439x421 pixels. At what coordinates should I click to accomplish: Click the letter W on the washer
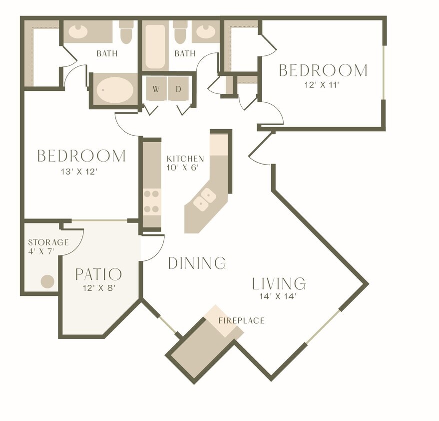[x=156, y=89]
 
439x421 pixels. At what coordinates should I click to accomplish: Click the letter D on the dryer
[x=178, y=89]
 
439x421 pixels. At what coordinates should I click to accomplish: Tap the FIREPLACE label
[x=241, y=320]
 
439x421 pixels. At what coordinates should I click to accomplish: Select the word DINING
[x=197, y=263]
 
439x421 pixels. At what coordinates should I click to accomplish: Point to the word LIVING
[x=278, y=284]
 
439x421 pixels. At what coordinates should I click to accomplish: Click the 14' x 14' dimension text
[x=279, y=296]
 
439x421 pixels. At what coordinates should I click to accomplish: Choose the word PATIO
[x=98, y=274]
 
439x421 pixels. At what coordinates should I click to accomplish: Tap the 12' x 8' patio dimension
[x=98, y=287]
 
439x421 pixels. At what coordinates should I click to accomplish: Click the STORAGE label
[x=48, y=242]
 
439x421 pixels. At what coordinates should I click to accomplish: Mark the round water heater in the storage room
[x=47, y=281]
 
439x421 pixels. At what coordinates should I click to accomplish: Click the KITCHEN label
[x=185, y=159]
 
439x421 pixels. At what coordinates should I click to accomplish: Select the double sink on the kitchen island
[x=205, y=199]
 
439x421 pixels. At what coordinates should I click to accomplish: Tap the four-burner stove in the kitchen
[x=151, y=202]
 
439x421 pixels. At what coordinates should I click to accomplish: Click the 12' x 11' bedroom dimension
[x=323, y=85]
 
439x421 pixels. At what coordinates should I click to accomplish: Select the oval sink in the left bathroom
[x=77, y=32]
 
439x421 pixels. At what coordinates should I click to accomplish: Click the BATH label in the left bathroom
[x=107, y=53]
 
